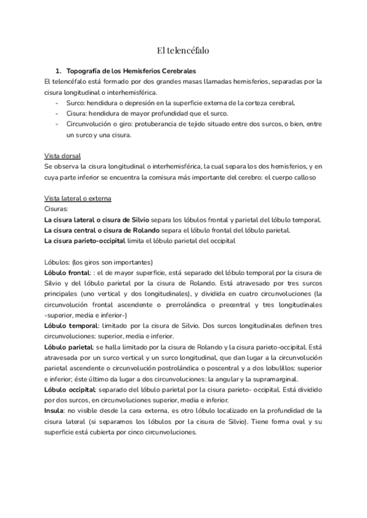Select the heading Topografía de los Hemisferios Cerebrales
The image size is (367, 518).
(x=135, y=70)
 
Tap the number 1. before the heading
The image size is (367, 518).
(x=59, y=70)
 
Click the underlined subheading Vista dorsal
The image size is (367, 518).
(x=63, y=156)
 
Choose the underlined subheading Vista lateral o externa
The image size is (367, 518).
(x=77, y=199)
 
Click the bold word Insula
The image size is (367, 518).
(x=54, y=410)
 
